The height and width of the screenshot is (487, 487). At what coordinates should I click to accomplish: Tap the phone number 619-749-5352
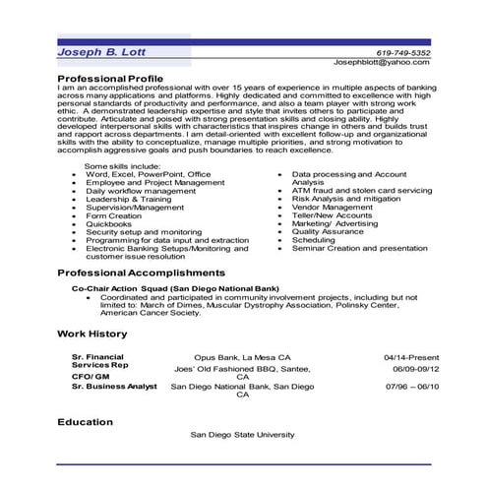[403, 52]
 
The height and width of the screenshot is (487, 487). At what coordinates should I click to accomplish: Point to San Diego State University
[243, 434]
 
